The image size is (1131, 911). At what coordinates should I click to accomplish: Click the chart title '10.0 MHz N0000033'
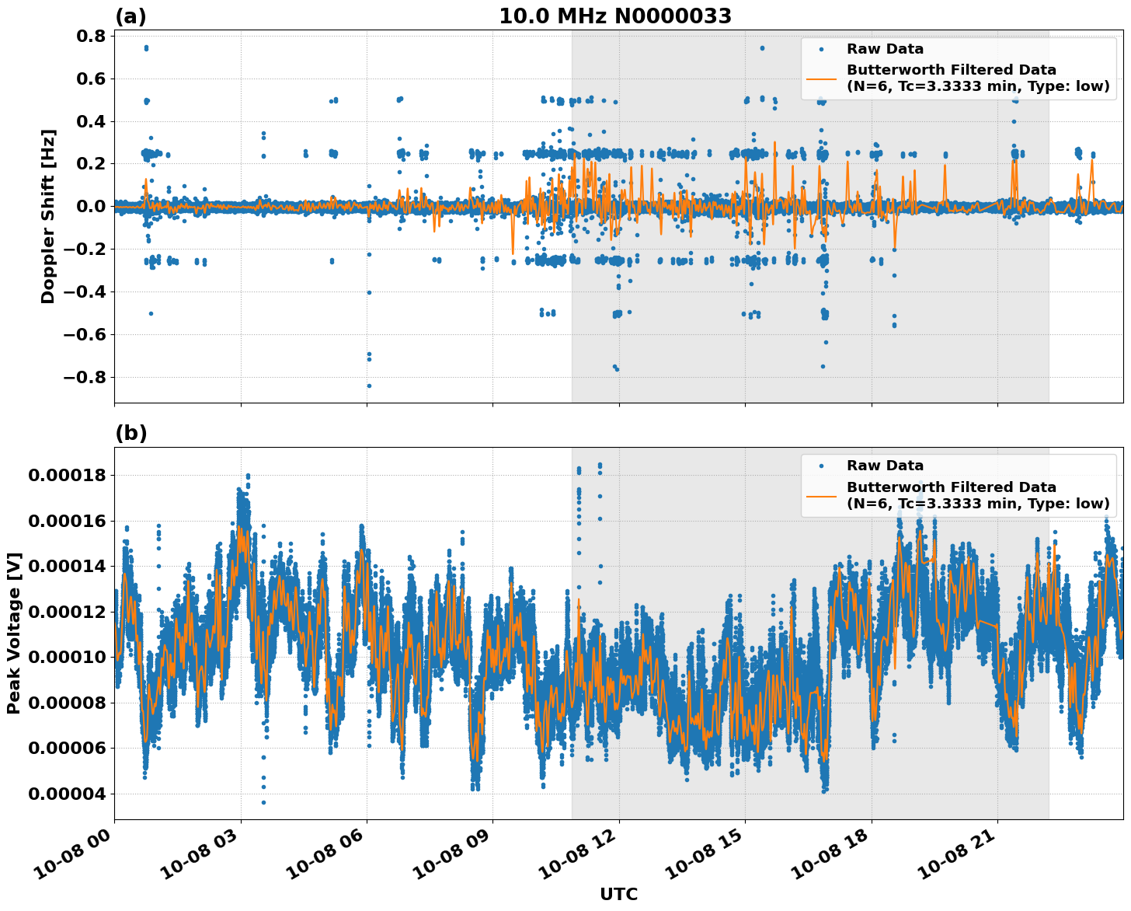click(x=614, y=16)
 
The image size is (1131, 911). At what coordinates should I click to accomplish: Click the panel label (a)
click(x=130, y=16)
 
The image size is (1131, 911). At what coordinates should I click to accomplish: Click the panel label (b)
click(x=130, y=433)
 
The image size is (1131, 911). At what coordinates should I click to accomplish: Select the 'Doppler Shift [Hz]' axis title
click(x=48, y=216)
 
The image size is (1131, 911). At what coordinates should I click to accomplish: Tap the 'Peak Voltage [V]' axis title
click(x=14, y=633)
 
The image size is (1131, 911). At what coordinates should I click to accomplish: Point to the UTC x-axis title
click(x=618, y=894)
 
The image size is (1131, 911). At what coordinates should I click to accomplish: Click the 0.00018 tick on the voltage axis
click(x=67, y=475)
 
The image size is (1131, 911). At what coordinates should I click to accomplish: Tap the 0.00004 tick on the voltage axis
click(x=67, y=794)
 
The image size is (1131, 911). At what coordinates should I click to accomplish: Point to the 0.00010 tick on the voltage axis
click(x=67, y=657)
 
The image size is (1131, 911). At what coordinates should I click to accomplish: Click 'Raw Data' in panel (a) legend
click(x=885, y=49)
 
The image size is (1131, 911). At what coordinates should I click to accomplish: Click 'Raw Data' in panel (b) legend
click(x=885, y=466)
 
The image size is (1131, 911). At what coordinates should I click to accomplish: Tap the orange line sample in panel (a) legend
click(x=822, y=78)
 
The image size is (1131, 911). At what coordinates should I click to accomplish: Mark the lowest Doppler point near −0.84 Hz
click(x=369, y=386)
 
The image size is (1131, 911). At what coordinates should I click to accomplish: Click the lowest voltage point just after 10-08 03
click(x=263, y=802)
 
